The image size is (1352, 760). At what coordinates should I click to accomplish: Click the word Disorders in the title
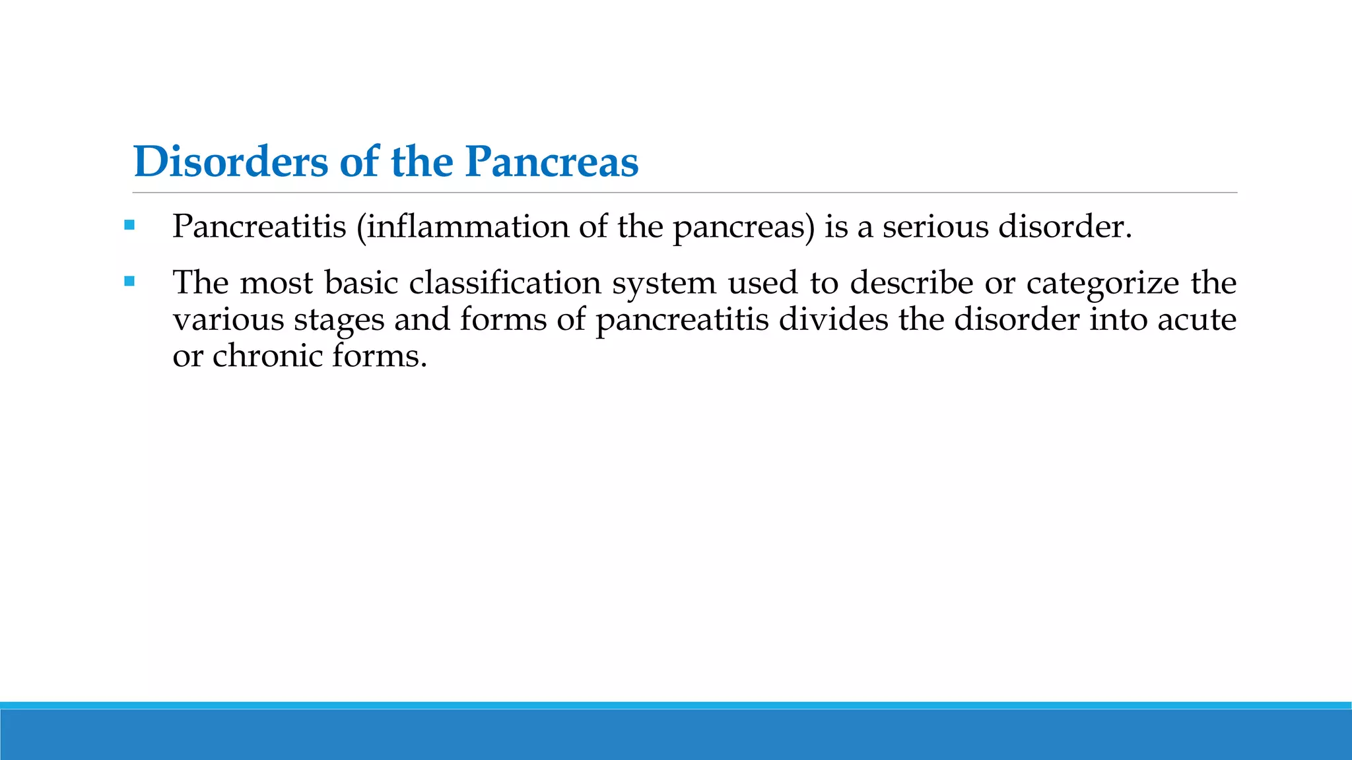click(230, 162)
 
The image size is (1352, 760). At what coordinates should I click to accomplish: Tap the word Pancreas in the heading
click(551, 162)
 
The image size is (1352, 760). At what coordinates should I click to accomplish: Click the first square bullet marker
click(129, 226)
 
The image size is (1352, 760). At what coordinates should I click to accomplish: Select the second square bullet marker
click(129, 282)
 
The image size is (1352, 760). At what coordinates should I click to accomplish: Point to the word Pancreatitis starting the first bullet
click(259, 227)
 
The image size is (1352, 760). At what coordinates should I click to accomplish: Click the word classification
click(504, 283)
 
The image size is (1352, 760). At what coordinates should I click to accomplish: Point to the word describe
click(911, 283)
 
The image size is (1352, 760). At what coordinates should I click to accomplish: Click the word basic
click(361, 283)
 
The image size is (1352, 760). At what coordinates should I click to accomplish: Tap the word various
click(228, 320)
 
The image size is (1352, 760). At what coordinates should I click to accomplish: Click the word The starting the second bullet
click(200, 283)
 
